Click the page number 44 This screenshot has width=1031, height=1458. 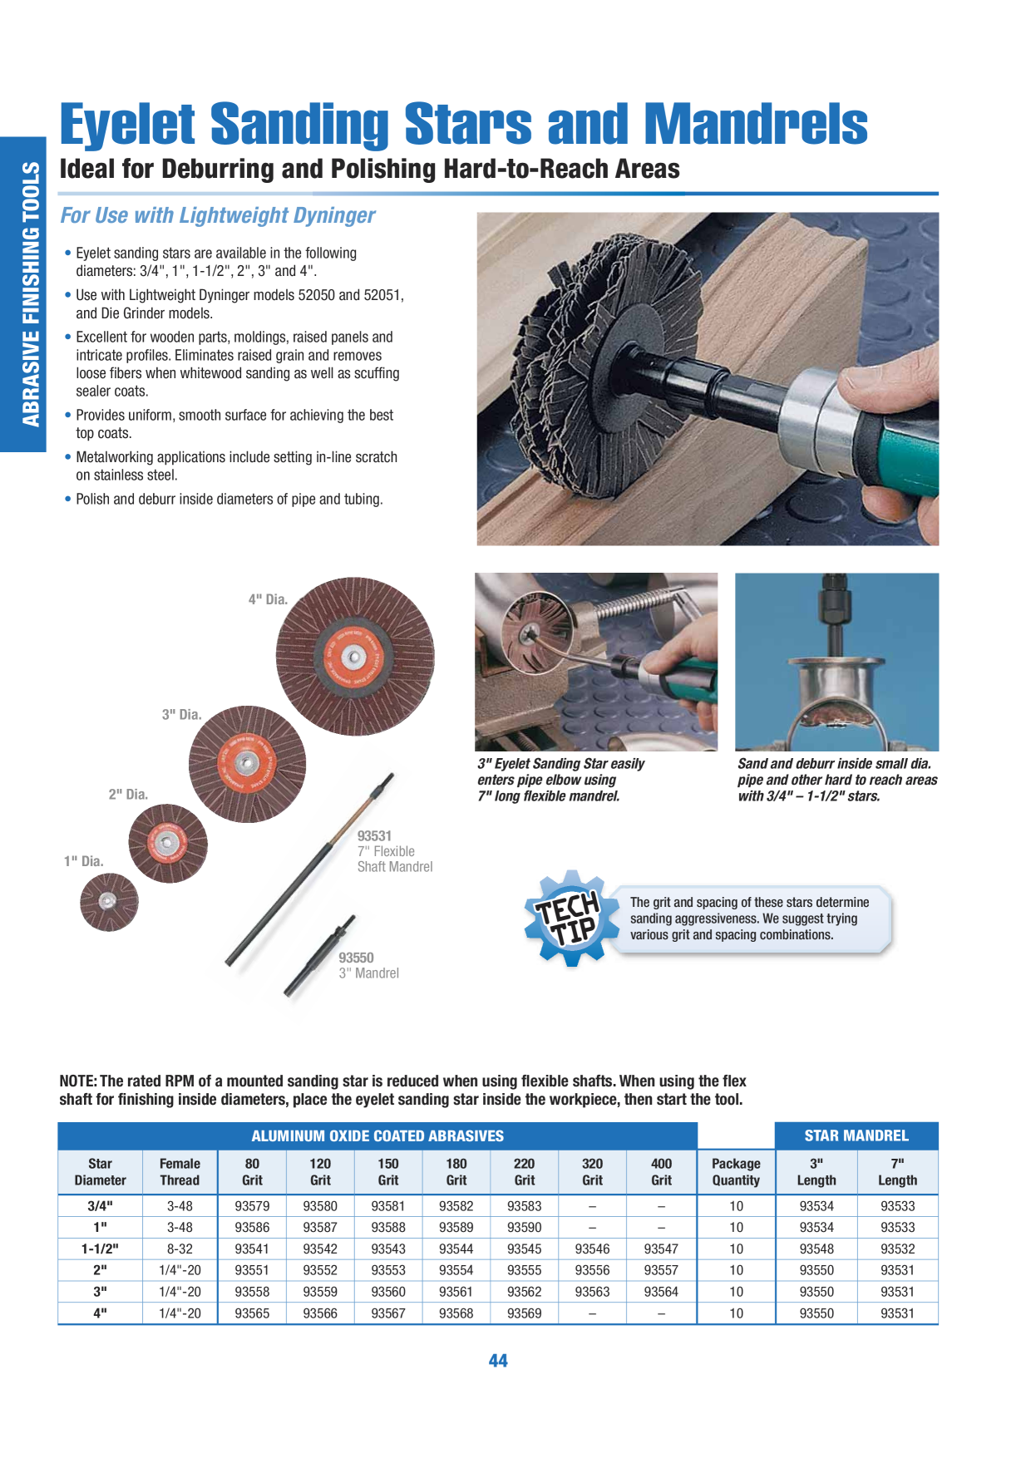pyautogui.click(x=498, y=1361)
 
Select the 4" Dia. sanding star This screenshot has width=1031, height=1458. pyautogui.click(x=355, y=656)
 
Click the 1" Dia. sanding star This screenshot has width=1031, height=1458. pyautogui.click(x=109, y=902)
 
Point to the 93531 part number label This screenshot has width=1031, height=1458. pyautogui.click(x=374, y=835)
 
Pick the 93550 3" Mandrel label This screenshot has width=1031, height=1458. pyautogui.click(x=368, y=965)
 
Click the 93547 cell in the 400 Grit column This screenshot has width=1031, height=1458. pyautogui.click(x=661, y=1249)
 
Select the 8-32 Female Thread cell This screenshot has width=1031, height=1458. pyautogui.click(x=180, y=1249)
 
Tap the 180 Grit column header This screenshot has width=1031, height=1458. pyautogui.click(x=456, y=1172)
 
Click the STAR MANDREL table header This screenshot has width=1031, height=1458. pyautogui.click(x=856, y=1135)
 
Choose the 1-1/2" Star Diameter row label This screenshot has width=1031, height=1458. pyautogui.click(x=100, y=1249)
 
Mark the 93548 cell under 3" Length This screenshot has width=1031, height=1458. pyautogui.click(x=816, y=1249)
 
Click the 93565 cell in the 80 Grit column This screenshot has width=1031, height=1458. pyautogui.click(x=252, y=1313)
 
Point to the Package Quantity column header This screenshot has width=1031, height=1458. pyautogui.click(x=736, y=1172)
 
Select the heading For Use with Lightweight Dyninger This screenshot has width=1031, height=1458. pyautogui.click(x=218, y=215)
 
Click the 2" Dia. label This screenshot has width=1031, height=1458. pyautogui.click(x=128, y=794)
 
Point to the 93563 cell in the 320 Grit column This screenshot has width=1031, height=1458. pyautogui.click(x=592, y=1292)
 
